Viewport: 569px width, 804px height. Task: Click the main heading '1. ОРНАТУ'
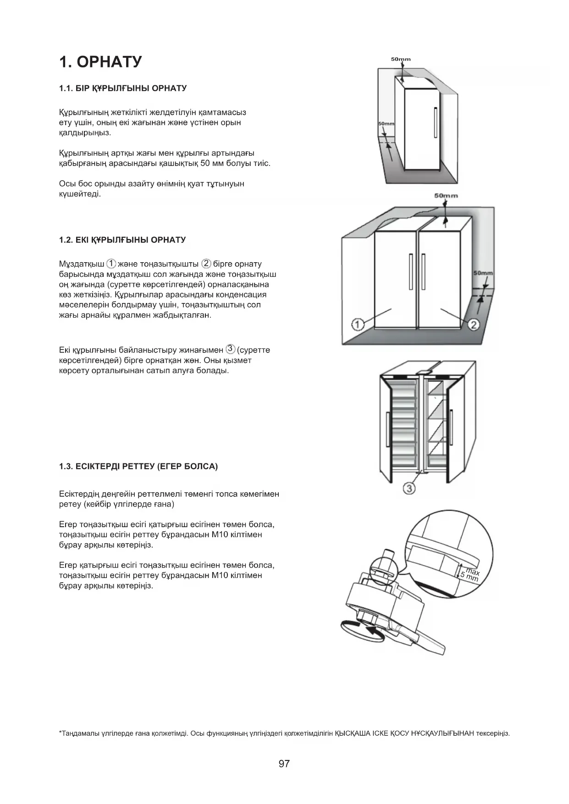[100, 62]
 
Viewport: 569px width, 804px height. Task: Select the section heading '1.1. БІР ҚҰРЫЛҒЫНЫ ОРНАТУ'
[123, 88]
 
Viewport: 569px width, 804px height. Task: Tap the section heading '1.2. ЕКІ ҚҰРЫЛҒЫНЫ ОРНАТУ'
[122, 240]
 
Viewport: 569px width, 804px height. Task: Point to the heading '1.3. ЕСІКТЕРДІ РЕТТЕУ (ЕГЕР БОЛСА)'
[138, 467]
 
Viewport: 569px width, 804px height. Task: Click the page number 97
[284, 764]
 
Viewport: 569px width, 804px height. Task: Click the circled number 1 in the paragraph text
[111, 264]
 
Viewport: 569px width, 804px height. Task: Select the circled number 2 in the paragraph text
[206, 264]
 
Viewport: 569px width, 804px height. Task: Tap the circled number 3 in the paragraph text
[231, 349]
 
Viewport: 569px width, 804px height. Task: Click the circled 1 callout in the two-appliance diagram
[358, 325]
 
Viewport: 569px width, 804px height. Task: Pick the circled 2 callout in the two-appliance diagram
[474, 325]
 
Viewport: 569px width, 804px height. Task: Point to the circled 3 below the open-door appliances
[409, 489]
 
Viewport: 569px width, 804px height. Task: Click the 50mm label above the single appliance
[401, 59]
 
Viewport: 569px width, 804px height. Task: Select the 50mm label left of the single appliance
[386, 124]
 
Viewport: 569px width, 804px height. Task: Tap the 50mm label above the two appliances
[446, 196]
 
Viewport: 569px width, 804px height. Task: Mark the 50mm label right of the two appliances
[483, 273]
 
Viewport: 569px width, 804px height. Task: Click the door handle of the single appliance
[435, 122]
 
